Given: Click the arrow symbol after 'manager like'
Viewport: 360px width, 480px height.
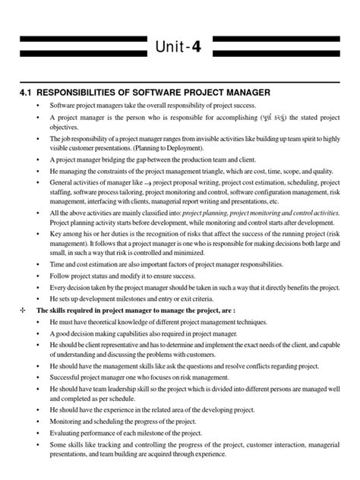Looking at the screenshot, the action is pos(144,183).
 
